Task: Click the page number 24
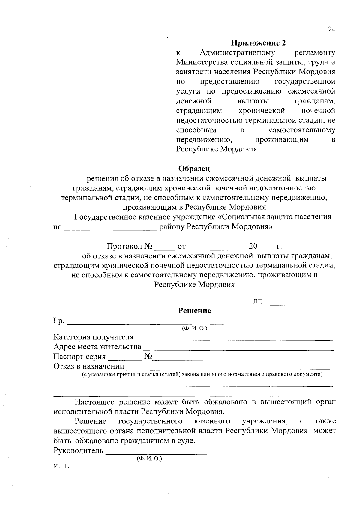[331, 29]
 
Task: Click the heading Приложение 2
[258, 43]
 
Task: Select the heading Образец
[194, 169]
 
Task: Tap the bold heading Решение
[195, 311]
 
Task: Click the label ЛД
[257, 302]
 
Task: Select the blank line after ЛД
[301, 304]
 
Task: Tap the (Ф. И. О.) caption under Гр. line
[195, 328]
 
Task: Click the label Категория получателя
[95, 337]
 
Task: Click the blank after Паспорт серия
[125, 359]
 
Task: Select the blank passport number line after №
[178, 359]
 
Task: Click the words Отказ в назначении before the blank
[89, 366]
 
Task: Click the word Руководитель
[78, 450]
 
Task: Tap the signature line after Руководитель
[156, 453]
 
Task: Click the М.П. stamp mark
[61, 467]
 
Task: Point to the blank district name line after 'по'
[110, 229]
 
